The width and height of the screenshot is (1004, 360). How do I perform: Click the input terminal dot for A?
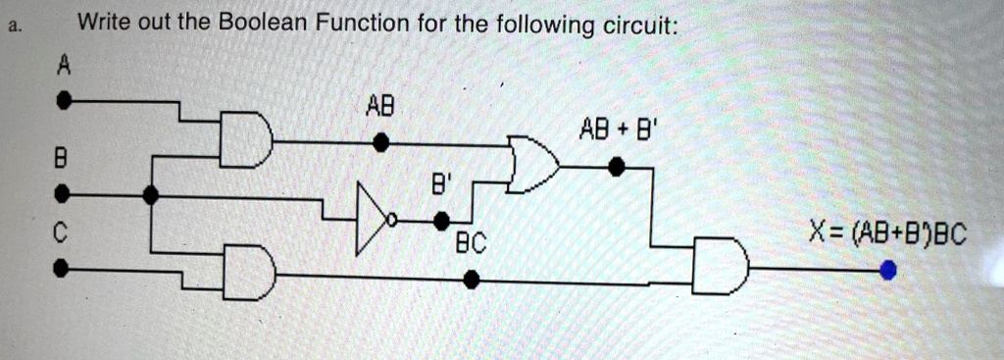[64, 100]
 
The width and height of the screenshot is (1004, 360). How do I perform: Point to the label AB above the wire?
[380, 104]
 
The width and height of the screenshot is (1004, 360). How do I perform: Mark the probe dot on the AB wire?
[383, 143]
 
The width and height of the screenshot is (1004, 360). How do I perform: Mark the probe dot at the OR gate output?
[617, 168]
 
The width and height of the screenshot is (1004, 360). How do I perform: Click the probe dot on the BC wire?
[472, 280]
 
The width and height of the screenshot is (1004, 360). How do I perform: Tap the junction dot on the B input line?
[150, 195]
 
